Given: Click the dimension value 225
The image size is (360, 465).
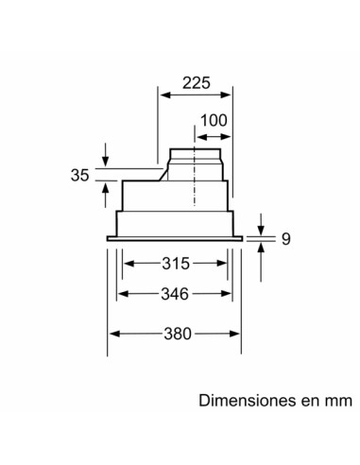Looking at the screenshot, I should [194, 82].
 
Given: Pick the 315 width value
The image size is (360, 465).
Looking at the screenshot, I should [175, 261].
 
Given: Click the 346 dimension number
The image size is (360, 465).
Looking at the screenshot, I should [175, 294].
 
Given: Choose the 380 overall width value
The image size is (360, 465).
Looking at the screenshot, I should [175, 333].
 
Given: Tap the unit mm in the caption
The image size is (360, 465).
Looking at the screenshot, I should [334, 400].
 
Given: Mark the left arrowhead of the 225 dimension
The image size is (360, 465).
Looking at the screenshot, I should [162, 95].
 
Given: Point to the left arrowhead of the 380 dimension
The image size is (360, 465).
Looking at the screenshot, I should [114, 333].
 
